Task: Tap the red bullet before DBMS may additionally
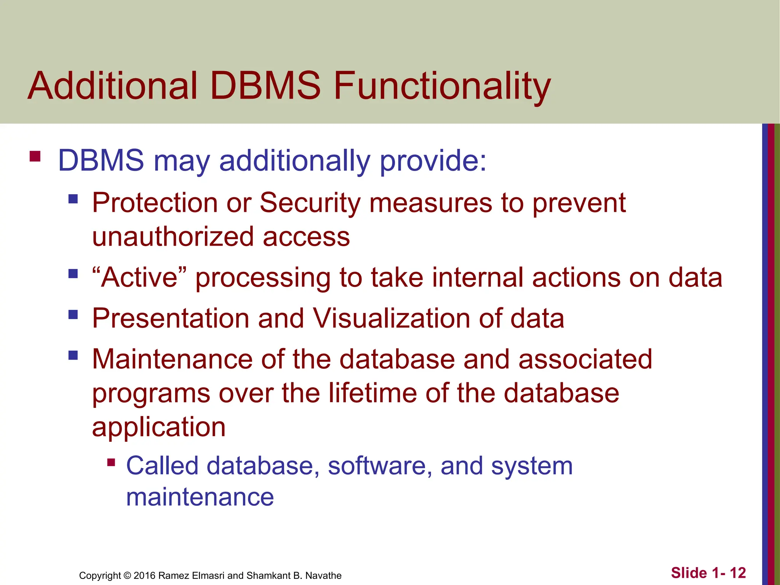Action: click(x=35, y=157)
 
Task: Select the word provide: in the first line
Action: click(x=433, y=161)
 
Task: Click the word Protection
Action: click(x=155, y=203)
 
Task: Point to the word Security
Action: click(x=310, y=203)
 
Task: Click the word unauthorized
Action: click(x=173, y=237)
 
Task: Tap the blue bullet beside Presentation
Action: click(x=73, y=315)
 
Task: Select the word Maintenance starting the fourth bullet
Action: click(x=173, y=359)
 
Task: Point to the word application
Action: click(x=159, y=427)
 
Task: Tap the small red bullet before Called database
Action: click(x=111, y=462)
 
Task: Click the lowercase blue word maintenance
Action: click(x=200, y=497)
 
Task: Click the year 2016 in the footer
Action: click(x=144, y=575)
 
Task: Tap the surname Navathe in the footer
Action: click(x=323, y=575)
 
